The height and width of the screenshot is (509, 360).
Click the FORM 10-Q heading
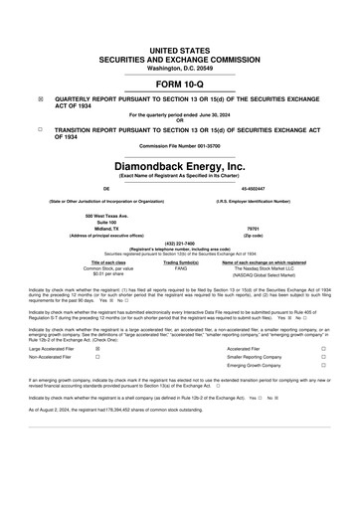pos(179,84)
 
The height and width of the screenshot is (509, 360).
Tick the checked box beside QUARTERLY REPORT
pos(40,100)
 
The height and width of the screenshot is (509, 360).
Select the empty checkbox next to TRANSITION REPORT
pos(40,130)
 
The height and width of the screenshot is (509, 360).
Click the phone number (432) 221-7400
pos(179,244)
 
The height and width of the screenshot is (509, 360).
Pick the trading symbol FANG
pos(181,268)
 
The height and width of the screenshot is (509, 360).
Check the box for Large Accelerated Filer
pos(96,349)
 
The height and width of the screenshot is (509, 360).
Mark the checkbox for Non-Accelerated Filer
pos(96,360)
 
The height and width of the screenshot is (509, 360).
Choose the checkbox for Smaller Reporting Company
pos(323,360)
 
